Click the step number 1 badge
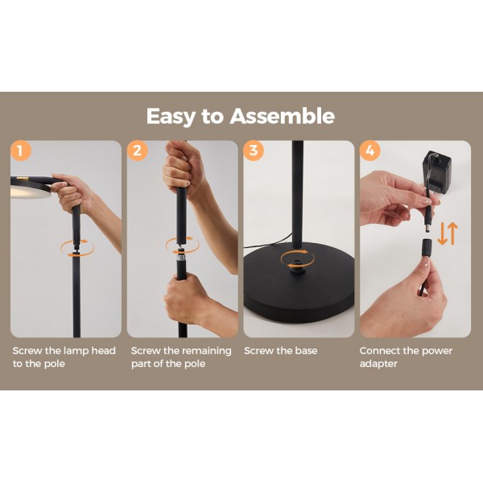click(x=21, y=151)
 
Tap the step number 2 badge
click(x=138, y=151)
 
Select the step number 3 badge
click(x=254, y=151)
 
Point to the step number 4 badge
click(x=370, y=151)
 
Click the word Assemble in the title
click(x=283, y=116)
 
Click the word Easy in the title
click(x=171, y=117)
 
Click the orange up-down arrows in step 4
click(x=448, y=233)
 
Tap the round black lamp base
click(x=299, y=283)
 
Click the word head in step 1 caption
click(x=104, y=350)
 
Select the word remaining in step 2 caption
click(x=207, y=351)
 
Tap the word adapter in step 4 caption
click(x=378, y=364)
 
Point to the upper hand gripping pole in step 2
click(x=183, y=169)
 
